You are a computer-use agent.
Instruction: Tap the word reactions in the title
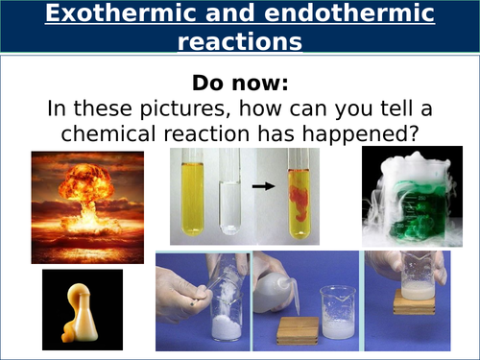[x=239, y=42]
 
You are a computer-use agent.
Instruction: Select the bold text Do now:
[x=239, y=80]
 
